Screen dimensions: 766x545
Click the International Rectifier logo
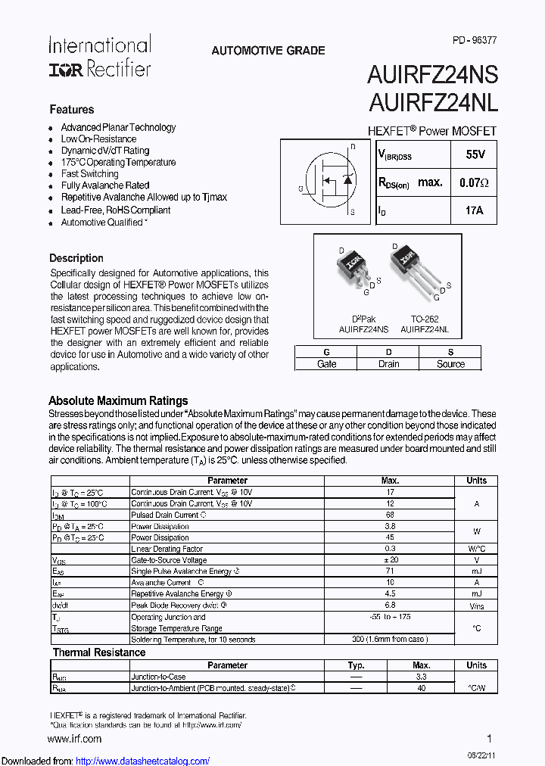pos(99,56)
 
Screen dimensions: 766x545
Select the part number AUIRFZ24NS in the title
pos(432,75)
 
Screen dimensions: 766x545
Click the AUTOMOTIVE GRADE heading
pos(268,51)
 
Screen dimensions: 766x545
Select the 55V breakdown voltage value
pos(475,154)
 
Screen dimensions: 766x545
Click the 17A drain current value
pos(475,210)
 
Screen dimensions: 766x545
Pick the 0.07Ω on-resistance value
pos(475,182)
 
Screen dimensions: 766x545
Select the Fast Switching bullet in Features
pos(89,173)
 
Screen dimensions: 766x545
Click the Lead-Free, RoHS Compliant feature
pos(115,210)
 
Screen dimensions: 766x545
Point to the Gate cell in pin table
pos(326,364)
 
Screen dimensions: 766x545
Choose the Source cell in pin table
pos(450,364)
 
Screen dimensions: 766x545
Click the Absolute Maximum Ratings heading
pos(118,400)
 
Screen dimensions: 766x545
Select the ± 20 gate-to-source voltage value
pos(390,560)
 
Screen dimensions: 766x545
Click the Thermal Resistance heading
pos(98,652)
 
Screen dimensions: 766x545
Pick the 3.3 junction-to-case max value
pos(421,677)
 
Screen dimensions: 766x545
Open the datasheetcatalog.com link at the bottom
pos(143,761)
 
